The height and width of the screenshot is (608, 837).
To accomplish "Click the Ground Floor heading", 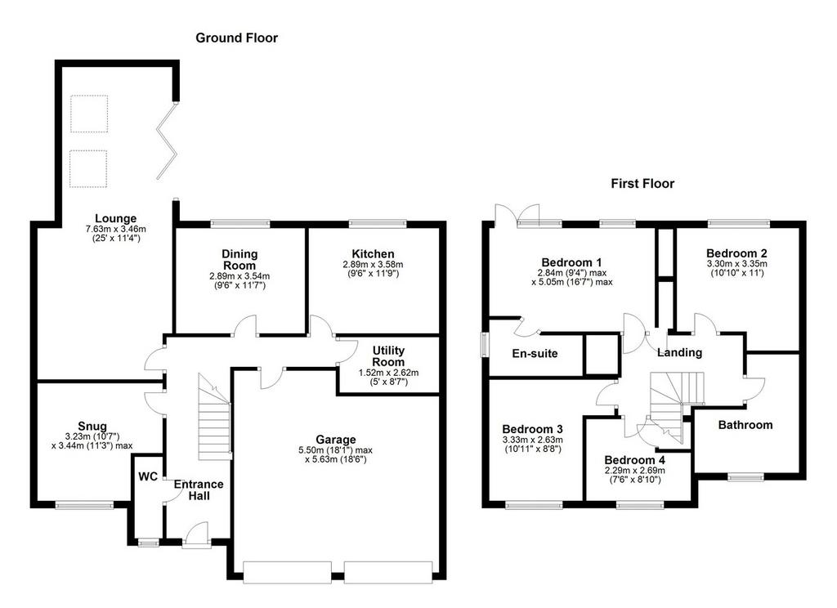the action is (x=236, y=38).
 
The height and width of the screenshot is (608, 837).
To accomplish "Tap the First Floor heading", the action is (x=642, y=184).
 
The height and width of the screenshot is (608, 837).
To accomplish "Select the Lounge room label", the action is (x=116, y=218).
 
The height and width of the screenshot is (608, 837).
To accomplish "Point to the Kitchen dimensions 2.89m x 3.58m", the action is (x=373, y=264).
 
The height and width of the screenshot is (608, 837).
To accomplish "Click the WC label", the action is (x=149, y=476).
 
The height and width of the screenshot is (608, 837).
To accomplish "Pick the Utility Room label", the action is (x=388, y=356).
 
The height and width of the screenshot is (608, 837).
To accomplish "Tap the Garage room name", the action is (x=336, y=440).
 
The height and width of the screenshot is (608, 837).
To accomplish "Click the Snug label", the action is (x=92, y=426).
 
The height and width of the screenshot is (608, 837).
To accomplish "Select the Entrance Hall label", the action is (x=199, y=490).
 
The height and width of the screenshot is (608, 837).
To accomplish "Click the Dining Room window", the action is (x=240, y=224).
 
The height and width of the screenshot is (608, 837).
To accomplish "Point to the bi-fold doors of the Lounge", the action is (x=166, y=141).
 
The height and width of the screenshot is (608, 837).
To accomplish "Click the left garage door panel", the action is (x=287, y=572).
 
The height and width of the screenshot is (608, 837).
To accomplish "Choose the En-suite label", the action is (x=535, y=353).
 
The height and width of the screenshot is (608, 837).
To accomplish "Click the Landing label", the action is (x=679, y=352).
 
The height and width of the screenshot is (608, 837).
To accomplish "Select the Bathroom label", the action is (x=745, y=425).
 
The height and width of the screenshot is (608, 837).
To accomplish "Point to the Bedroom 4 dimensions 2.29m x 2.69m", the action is (x=634, y=471).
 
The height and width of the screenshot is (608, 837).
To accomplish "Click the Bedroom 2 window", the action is (x=739, y=224).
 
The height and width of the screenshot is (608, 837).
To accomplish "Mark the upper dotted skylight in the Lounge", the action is (x=89, y=114).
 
